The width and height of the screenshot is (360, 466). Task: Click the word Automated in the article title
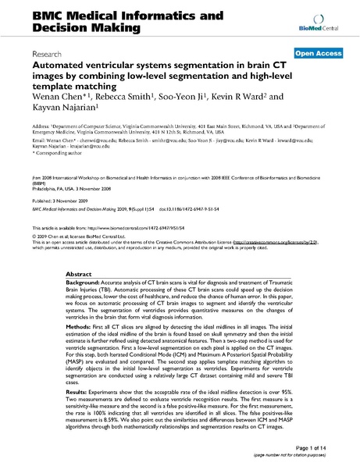tap(64, 68)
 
